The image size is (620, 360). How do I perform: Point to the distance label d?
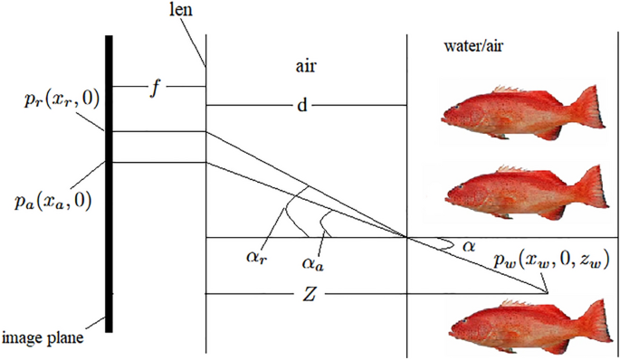(301, 106)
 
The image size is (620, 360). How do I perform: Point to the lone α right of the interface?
(468, 245)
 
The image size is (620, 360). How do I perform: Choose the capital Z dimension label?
(310, 295)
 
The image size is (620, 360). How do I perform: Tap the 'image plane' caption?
(43, 338)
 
